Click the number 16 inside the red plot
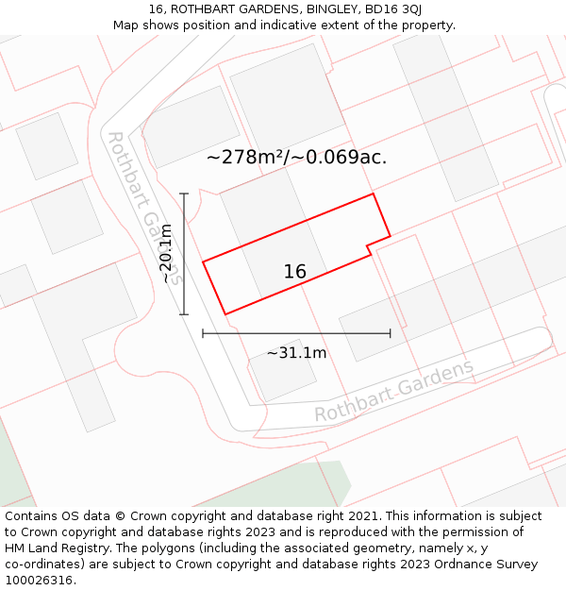(295, 272)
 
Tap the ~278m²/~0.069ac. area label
(296, 158)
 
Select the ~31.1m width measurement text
(296, 353)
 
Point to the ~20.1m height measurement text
(167, 253)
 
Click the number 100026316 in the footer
(38, 581)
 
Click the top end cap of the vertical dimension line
(184, 194)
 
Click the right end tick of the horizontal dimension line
(390, 333)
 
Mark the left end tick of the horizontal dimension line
(203, 333)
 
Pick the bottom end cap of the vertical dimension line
(184, 314)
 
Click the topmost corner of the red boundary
(374, 194)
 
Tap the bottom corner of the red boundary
(225, 314)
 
